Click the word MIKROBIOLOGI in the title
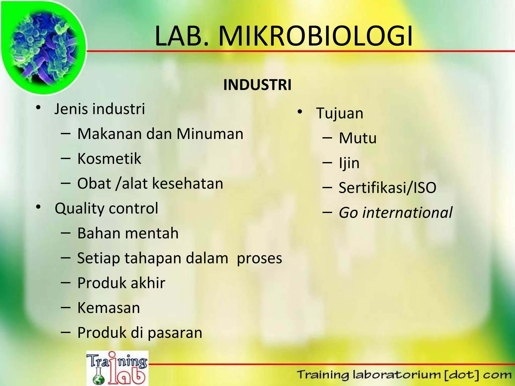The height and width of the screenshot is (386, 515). pyautogui.click(x=315, y=36)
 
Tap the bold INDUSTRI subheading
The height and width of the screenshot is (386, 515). pyautogui.click(x=257, y=85)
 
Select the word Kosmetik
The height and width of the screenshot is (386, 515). pyautogui.click(x=109, y=159)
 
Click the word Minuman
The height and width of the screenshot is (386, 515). pyautogui.click(x=210, y=134)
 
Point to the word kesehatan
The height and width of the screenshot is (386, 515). pyautogui.click(x=188, y=183)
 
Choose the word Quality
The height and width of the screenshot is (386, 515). pyautogui.click(x=79, y=209)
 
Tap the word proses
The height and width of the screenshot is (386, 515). pyautogui.click(x=259, y=258)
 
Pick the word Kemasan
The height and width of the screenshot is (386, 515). pyautogui.click(x=109, y=308)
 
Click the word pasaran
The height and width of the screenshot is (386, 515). pyautogui.click(x=175, y=333)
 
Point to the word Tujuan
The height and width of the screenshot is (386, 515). pyautogui.click(x=340, y=113)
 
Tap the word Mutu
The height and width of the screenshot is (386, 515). pyautogui.click(x=358, y=138)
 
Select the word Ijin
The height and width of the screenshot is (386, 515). pyautogui.click(x=349, y=163)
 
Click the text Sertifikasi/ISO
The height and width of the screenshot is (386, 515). pyautogui.click(x=387, y=188)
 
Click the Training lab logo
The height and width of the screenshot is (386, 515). pyautogui.click(x=117, y=368)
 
